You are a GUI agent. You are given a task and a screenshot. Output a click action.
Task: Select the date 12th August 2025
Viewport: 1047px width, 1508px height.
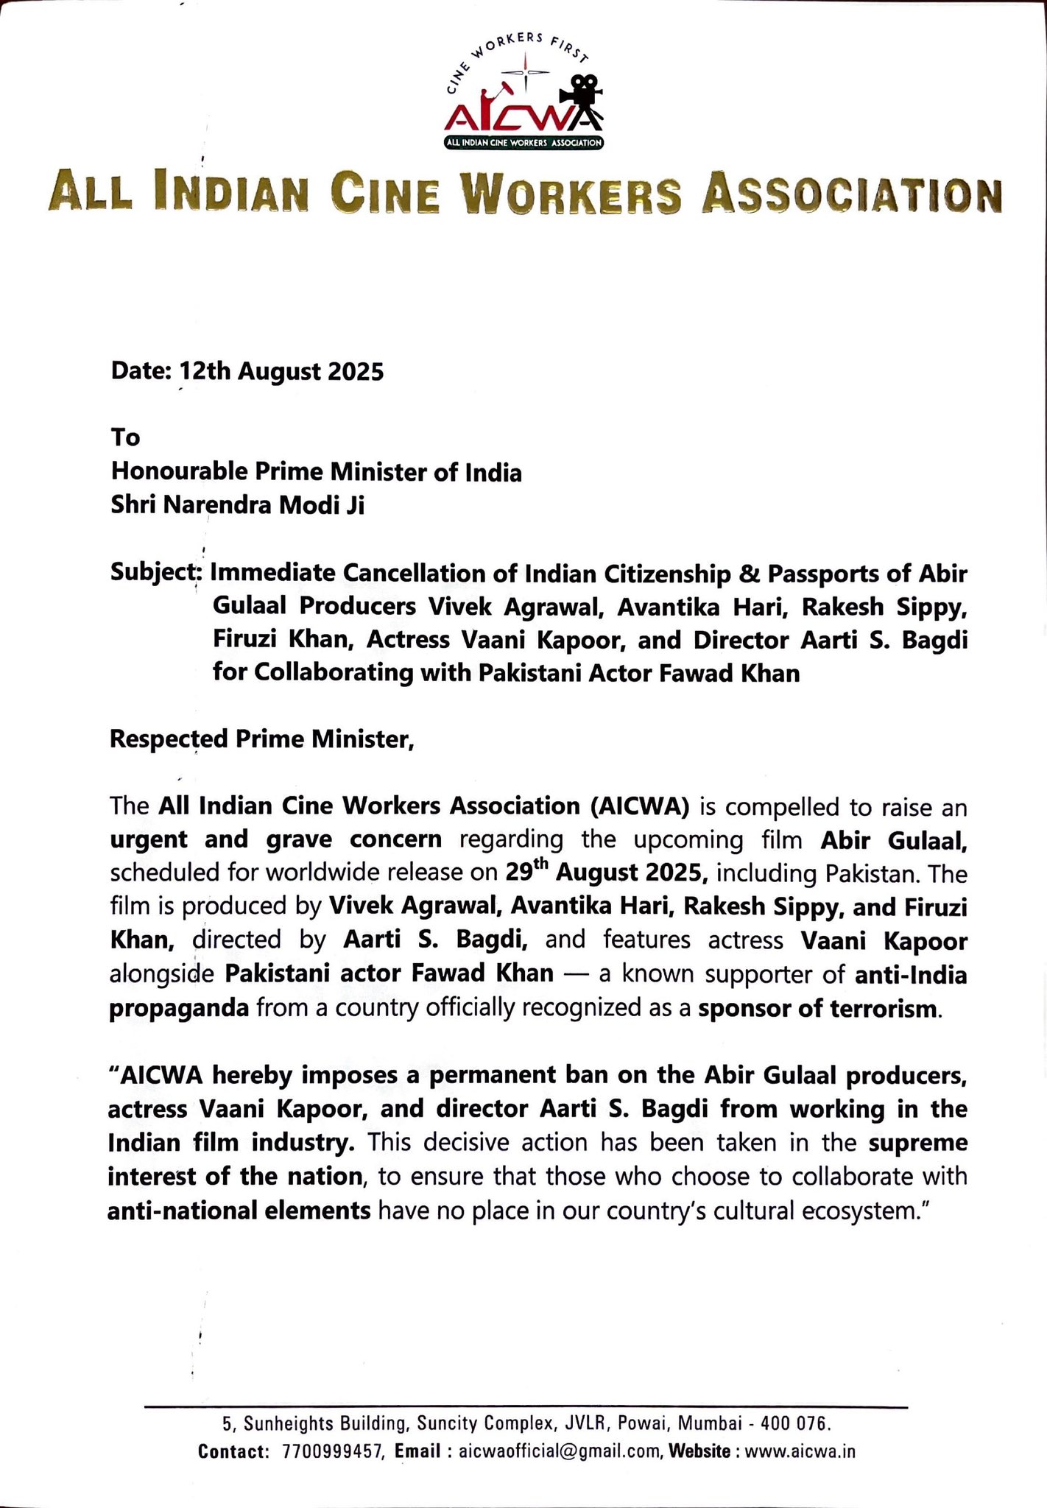(x=283, y=371)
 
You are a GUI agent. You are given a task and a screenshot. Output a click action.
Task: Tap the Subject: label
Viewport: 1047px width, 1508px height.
(x=155, y=572)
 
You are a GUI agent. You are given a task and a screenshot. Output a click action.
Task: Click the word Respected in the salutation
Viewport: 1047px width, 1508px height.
(x=169, y=739)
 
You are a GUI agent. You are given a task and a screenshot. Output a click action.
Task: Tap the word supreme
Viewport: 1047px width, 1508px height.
(x=917, y=1142)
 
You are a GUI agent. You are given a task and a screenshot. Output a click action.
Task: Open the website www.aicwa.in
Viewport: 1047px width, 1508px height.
(x=800, y=1451)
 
